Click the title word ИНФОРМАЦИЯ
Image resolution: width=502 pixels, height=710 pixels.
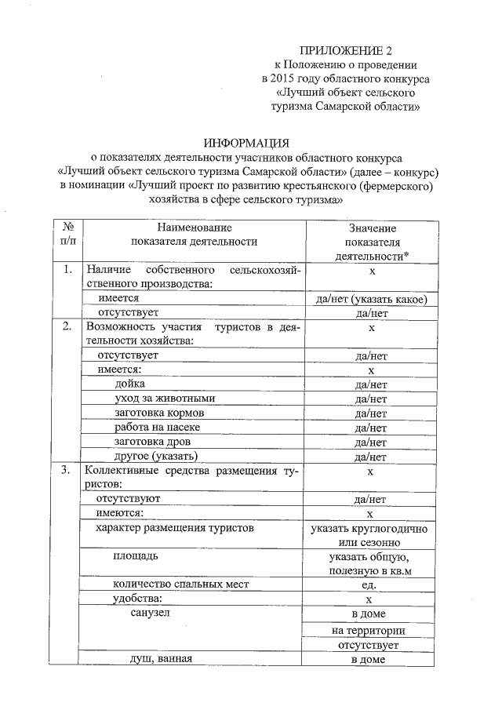coord(247,143)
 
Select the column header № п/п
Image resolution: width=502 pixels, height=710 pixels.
coord(67,234)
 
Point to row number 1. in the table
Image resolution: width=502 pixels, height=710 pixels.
coord(68,270)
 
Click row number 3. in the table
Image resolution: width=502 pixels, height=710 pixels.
coord(68,470)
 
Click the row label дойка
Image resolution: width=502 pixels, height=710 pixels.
coord(130,384)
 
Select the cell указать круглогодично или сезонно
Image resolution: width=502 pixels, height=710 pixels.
coord(370,535)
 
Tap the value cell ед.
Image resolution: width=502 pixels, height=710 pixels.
coord(370,585)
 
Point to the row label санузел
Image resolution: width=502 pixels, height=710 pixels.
coord(149,613)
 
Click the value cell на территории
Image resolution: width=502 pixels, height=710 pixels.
coord(369,630)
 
